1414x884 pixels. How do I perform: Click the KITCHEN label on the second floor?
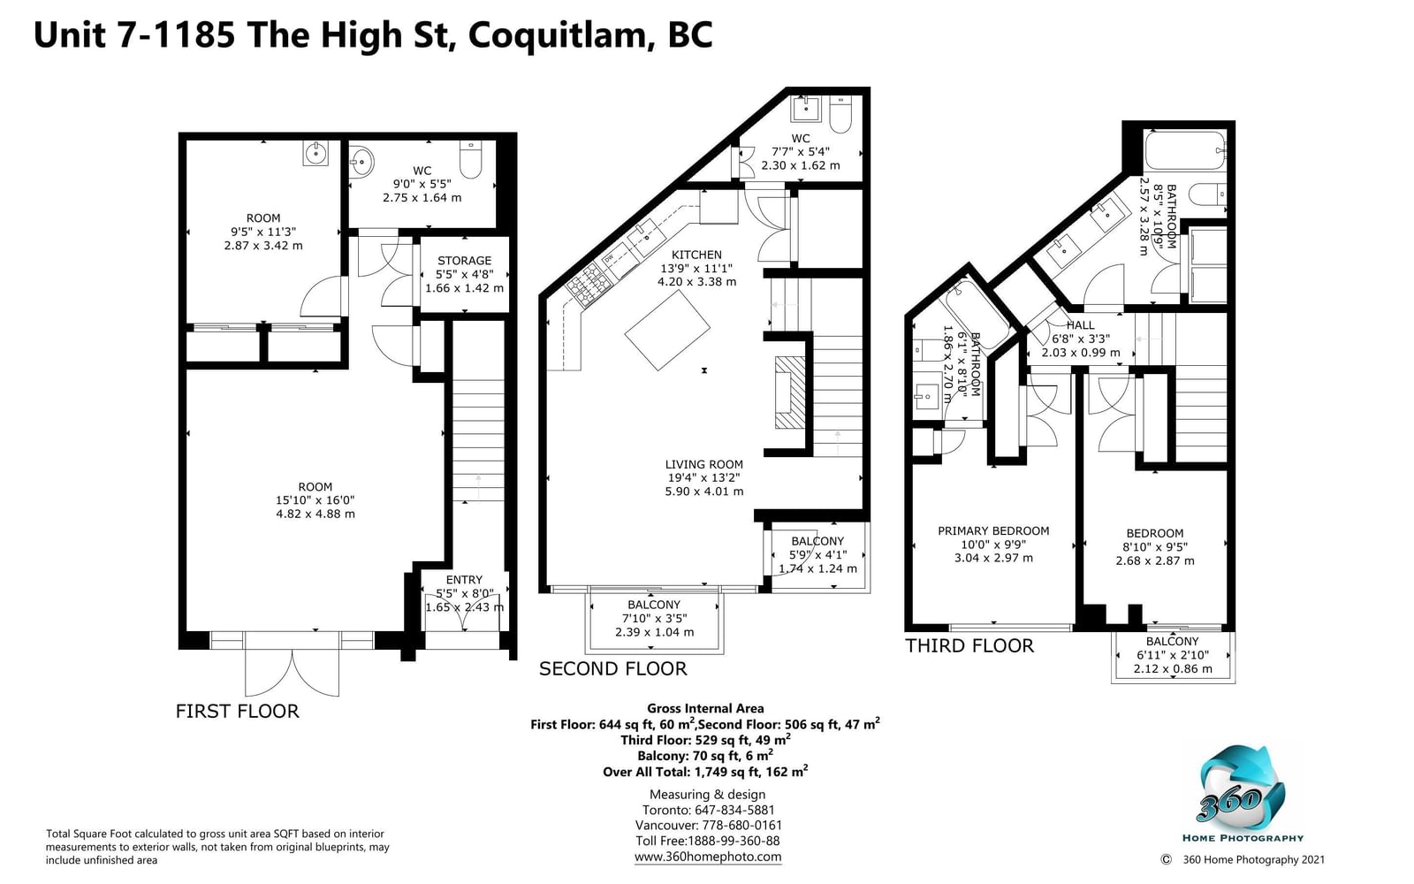(x=696, y=255)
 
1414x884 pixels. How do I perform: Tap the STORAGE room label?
(x=464, y=260)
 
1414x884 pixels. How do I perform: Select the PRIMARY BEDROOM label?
(x=993, y=531)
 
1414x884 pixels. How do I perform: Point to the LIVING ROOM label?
(x=703, y=464)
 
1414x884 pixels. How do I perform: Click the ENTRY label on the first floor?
(x=464, y=580)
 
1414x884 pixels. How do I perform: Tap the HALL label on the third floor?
(x=1080, y=325)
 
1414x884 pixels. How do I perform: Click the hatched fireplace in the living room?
(x=790, y=392)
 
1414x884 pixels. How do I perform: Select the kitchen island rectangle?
(x=667, y=331)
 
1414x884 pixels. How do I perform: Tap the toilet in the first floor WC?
(x=471, y=159)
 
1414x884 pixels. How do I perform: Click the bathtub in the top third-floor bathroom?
(x=1185, y=150)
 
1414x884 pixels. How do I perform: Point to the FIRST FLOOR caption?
(x=238, y=711)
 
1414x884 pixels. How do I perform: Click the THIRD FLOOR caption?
(x=969, y=645)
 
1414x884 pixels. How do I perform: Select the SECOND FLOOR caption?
(x=613, y=668)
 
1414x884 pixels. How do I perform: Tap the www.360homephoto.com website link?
(x=708, y=857)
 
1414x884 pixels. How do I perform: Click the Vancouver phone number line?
(x=708, y=826)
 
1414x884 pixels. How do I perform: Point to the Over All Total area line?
(x=705, y=771)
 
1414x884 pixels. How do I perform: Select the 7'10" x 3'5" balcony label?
(x=655, y=618)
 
